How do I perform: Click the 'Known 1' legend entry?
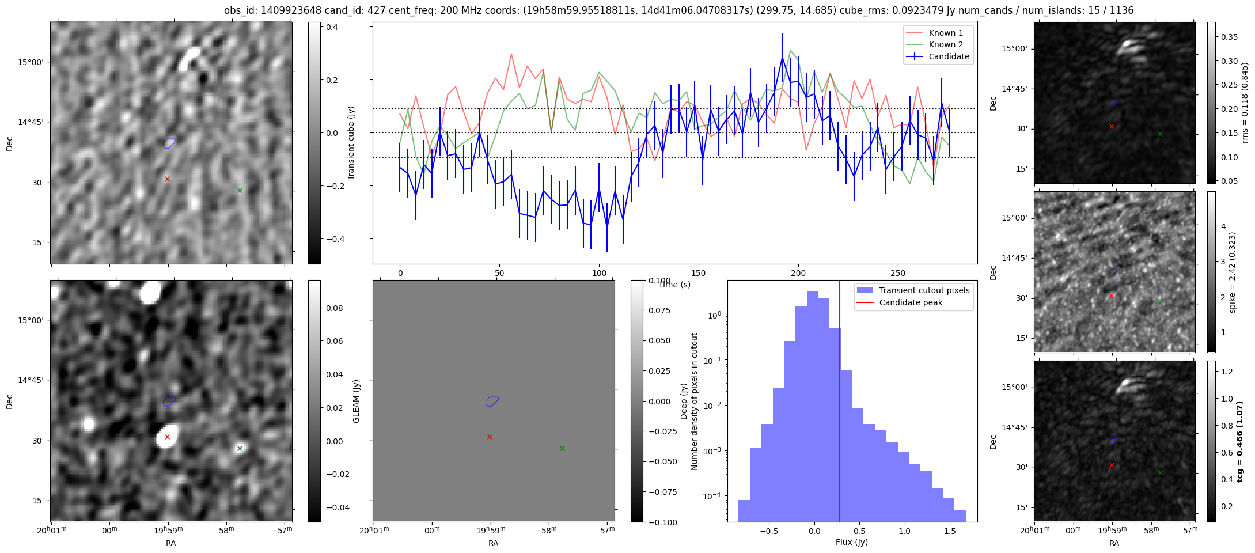945,33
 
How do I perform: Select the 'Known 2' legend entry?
945,44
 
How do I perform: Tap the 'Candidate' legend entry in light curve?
949,56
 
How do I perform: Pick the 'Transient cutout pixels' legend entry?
924,290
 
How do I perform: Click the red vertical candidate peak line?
840,403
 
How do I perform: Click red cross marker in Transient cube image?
167,179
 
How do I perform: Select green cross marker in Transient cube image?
240,191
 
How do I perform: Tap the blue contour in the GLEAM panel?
491,401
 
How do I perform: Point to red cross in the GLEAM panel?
490,437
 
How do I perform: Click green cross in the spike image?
1160,304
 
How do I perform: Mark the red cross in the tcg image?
1112,465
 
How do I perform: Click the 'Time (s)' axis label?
674,285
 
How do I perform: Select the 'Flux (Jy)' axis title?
851,542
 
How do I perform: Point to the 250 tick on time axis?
898,273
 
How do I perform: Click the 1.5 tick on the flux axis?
950,531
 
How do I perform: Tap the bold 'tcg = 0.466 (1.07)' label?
1240,441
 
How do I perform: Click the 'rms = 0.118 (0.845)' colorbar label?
1245,103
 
